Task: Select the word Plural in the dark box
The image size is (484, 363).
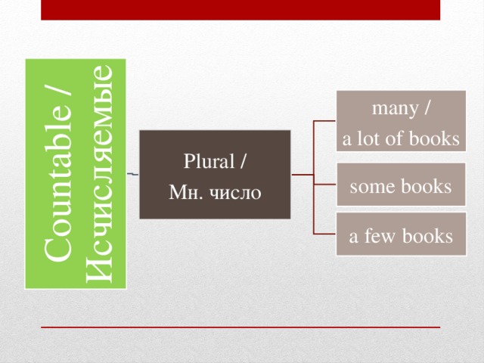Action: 209,162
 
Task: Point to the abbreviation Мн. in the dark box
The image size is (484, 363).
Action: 184,193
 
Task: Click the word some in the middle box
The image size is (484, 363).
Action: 373,186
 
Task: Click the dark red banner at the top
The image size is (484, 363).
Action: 240,9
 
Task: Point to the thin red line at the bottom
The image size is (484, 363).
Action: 240,327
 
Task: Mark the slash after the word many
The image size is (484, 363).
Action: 428,109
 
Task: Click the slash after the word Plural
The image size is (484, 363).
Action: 242,162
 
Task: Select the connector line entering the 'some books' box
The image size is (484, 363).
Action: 326,184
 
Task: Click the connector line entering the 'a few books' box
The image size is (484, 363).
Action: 326,234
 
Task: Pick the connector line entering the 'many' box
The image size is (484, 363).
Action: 326,120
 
